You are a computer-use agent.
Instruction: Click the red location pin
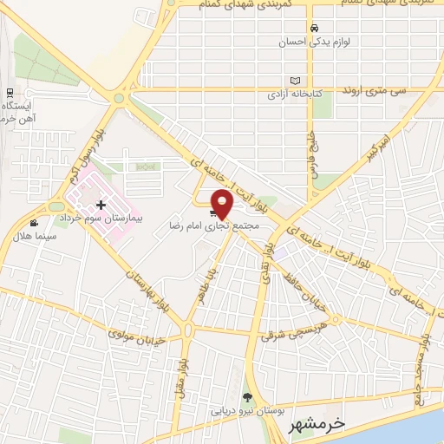pyautogui.click(x=223, y=203)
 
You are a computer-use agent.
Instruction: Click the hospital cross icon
pyautogui.click(x=101, y=205)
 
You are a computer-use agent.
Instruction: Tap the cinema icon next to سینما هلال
pyautogui.click(x=34, y=224)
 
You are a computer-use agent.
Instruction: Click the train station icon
pyautogui.click(x=10, y=92)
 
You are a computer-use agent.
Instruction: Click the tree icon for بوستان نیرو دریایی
pyautogui.click(x=249, y=396)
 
